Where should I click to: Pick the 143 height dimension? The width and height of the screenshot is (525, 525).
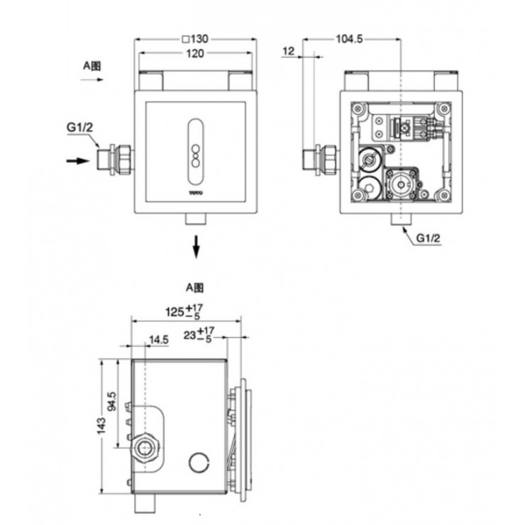click(102, 425)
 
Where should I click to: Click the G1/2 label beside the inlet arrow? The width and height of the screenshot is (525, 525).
click(79, 128)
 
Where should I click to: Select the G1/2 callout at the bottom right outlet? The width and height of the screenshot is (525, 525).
click(428, 239)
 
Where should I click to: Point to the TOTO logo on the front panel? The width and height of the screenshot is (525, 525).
click(195, 192)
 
